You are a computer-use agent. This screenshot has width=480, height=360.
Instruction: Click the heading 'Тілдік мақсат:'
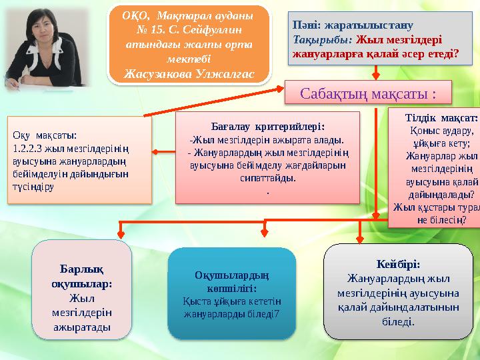(441, 118)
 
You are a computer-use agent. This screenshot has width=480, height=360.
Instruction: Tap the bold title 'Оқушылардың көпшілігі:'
(231, 282)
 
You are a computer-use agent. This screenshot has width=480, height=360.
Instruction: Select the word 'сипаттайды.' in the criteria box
(267, 178)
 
